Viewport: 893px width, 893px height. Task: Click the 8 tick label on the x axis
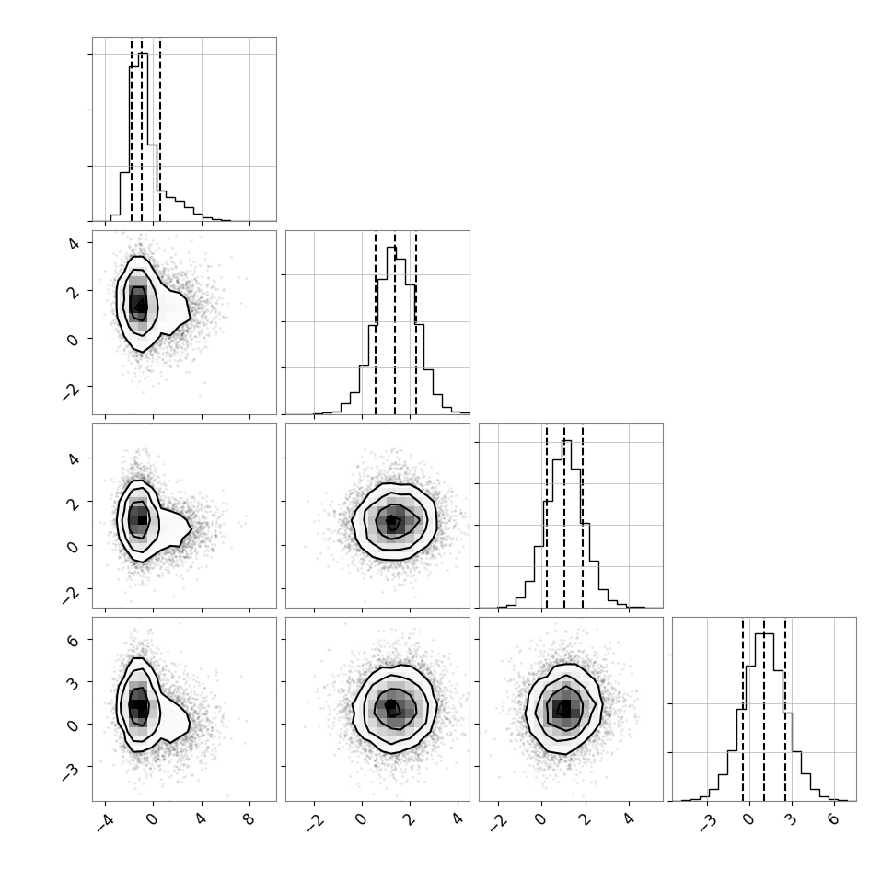tap(249, 820)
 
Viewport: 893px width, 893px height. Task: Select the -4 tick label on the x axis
tap(104, 822)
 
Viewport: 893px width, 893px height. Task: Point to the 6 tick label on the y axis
tap(74, 640)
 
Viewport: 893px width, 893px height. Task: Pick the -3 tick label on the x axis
tap(706, 822)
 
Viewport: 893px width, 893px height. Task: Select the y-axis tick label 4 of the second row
tap(74, 243)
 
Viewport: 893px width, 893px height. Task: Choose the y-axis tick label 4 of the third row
tap(74, 458)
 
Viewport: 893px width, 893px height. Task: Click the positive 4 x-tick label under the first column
tap(201, 820)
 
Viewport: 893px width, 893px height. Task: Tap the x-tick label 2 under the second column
tap(409, 820)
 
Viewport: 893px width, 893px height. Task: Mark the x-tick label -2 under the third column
tap(497, 822)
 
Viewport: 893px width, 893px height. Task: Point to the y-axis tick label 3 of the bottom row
tap(74, 682)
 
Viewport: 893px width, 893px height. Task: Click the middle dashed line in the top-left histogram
tap(142, 129)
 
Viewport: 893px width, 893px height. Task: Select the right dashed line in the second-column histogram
tap(416, 322)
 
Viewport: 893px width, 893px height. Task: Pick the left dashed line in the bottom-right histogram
tap(743, 709)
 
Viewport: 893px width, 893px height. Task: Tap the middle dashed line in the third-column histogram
tap(563, 516)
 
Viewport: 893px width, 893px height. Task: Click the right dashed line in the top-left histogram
tap(160, 129)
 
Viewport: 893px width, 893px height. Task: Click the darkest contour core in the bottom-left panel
tap(136, 704)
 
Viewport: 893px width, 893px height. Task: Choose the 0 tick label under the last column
tap(748, 820)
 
